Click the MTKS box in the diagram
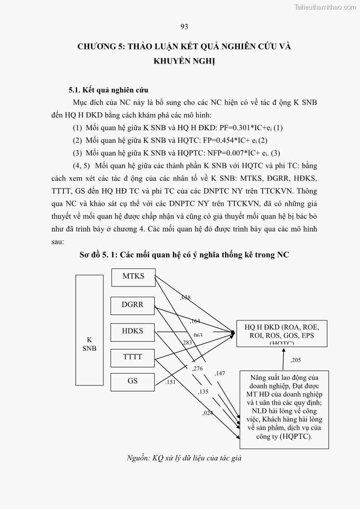point(133,276)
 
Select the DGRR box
point(132,305)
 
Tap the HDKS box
point(132,331)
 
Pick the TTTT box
point(132,357)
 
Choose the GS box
point(132,381)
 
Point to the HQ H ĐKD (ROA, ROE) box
point(282,334)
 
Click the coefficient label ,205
point(296,360)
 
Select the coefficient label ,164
point(195,321)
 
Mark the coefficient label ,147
point(220,373)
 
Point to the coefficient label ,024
point(208,413)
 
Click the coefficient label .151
point(170,382)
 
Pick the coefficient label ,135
point(203,392)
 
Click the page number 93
point(184,27)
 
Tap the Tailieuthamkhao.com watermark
point(325,7)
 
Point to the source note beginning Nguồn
point(184,458)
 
